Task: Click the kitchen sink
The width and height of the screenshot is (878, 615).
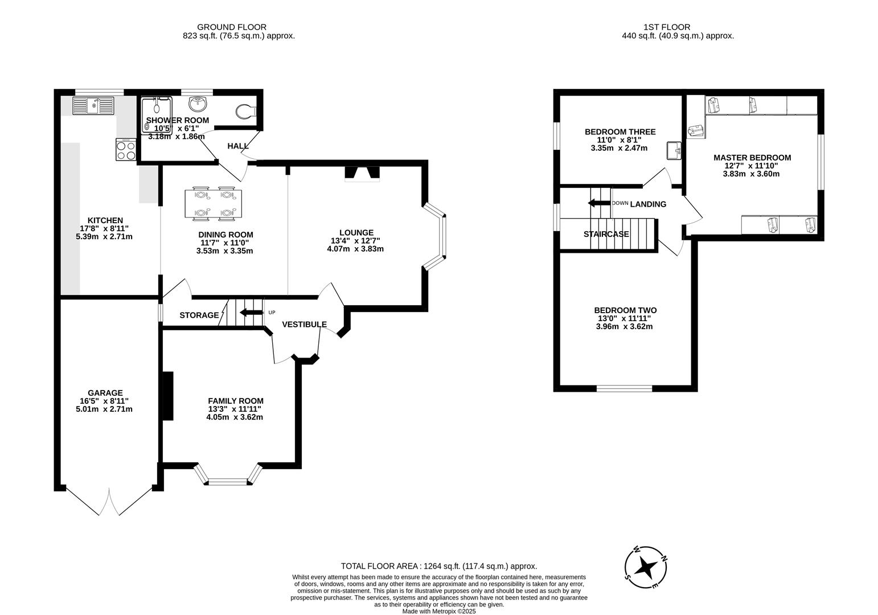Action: (93, 105)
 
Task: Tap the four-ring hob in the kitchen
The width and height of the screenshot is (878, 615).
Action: (126, 149)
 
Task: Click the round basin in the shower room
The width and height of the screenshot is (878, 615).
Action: (199, 104)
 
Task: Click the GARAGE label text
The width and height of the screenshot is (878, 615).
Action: (105, 393)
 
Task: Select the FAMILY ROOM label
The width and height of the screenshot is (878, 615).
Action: (235, 401)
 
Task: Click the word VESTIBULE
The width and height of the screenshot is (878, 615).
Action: (304, 325)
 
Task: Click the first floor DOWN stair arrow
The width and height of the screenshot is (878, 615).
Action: (598, 203)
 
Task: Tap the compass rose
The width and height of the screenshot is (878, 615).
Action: (646, 567)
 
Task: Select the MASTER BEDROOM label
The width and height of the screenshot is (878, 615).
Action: (752, 158)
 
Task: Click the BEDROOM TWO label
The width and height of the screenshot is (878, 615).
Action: (625, 310)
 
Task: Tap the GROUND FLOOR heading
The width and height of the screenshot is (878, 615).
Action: (231, 27)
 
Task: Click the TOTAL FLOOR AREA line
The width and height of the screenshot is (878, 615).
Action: (438, 566)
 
